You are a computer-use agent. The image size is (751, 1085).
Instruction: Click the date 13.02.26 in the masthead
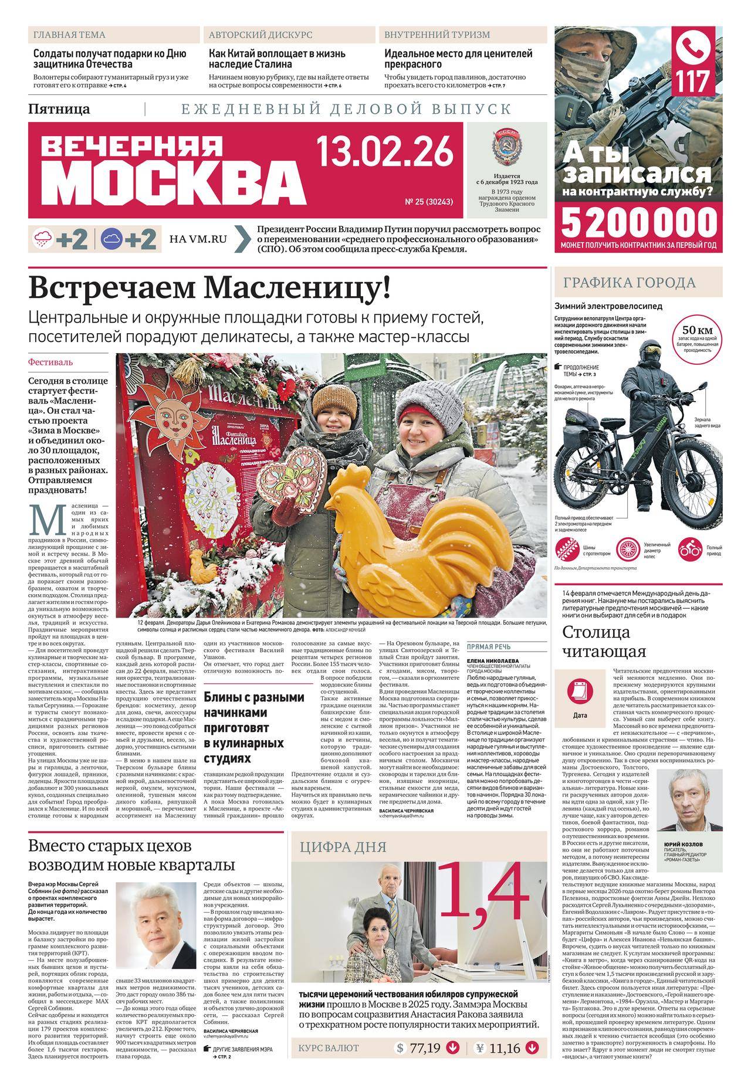coord(385,151)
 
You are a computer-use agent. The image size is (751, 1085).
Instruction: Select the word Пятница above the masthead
coord(59,109)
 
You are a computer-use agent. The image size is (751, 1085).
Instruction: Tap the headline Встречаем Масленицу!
coord(209,288)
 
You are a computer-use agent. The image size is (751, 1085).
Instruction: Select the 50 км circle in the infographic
coord(696,335)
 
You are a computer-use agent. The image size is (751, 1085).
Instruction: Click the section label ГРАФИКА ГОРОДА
coord(629,283)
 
